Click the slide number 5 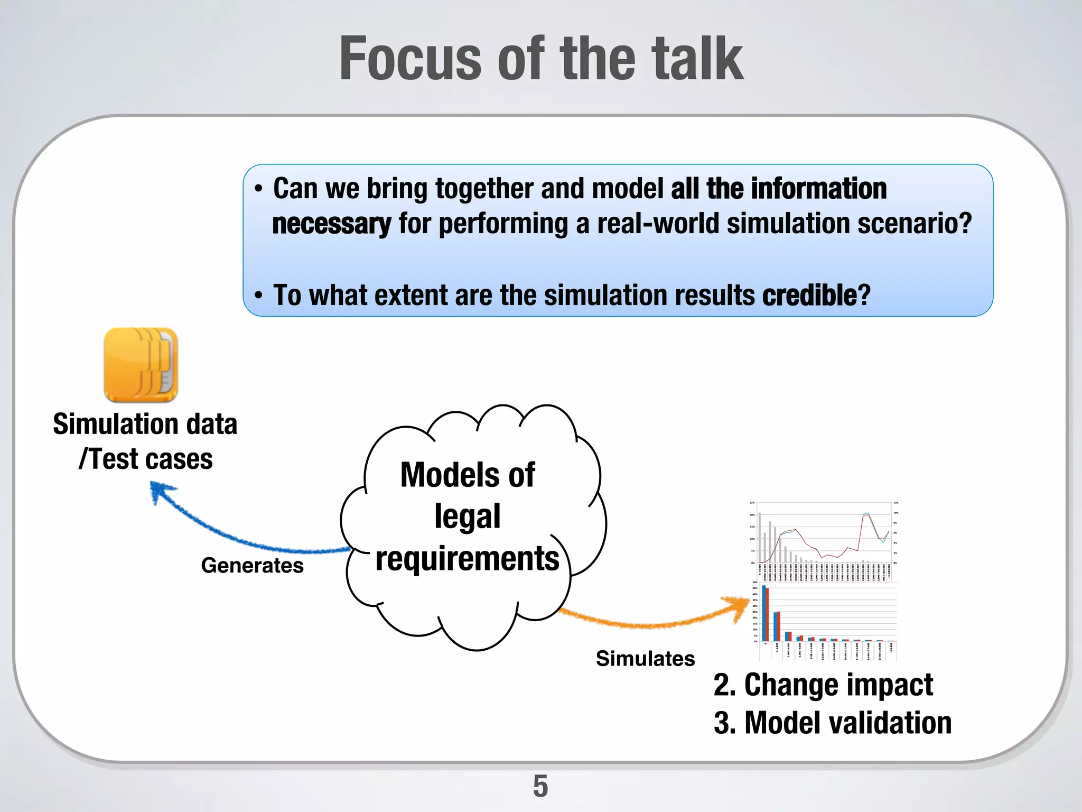[x=540, y=786]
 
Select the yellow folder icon [x=141, y=365]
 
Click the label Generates [x=252, y=566]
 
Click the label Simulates [x=645, y=659]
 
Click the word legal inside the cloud [x=467, y=516]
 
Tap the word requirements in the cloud [x=467, y=559]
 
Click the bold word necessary [x=331, y=224]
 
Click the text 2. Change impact [x=823, y=685]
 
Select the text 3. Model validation [x=832, y=723]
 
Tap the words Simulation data [x=145, y=425]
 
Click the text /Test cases [x=146, y=459]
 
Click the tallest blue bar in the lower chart [x=764, y=613]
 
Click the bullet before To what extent [x=258, y=295]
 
